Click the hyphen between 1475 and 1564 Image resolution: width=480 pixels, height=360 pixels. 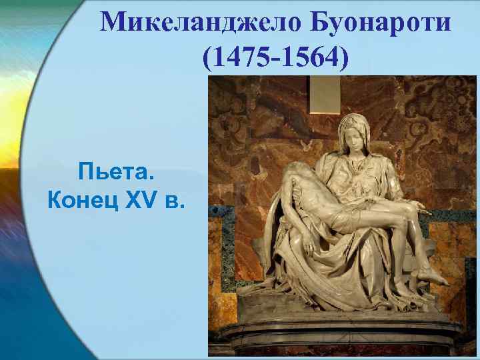[273, 59]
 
